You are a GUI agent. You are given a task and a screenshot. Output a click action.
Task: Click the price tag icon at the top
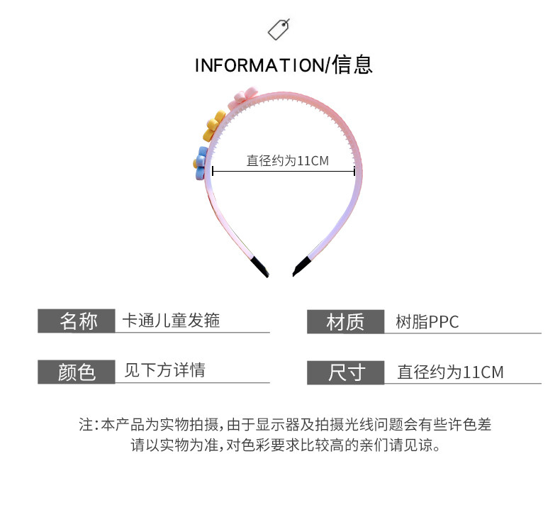tap(279, 29)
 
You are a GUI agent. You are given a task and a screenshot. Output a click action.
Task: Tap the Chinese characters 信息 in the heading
tap(352, 65)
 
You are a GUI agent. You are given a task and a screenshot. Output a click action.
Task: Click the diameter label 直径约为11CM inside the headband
tap(288, 161)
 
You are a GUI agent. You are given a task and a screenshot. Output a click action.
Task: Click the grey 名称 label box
tap(76, 321)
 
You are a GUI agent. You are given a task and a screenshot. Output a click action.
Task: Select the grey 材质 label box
tap(345, 322)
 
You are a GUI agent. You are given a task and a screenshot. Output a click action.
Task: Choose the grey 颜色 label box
tap(76, 372)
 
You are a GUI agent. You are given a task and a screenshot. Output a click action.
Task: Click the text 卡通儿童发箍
tap(172, 321)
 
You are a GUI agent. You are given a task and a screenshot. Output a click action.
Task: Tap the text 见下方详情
tap(164, 370)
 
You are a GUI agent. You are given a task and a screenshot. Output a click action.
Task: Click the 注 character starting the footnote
tap(85, 425)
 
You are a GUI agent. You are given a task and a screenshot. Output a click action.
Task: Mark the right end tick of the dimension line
tap(354, 170)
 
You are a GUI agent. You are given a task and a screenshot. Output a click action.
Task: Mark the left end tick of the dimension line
tap(213, 170)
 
